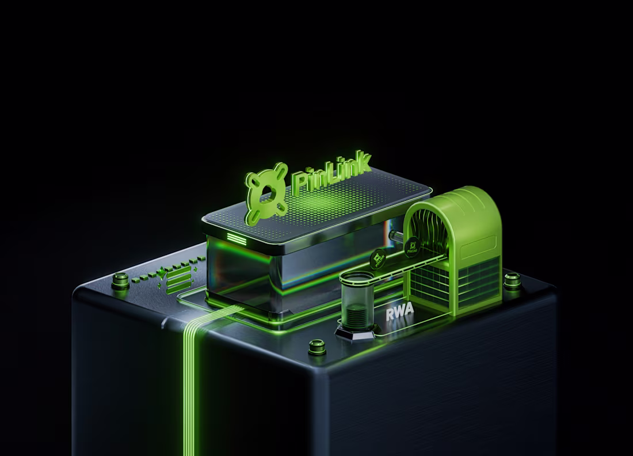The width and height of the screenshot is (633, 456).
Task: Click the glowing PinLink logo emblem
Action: tap(266, 193)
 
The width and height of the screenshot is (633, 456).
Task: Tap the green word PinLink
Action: tap(331, 173)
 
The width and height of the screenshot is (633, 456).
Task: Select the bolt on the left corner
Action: tap(120, 280)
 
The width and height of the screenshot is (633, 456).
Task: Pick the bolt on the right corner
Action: tap(512, 280)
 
